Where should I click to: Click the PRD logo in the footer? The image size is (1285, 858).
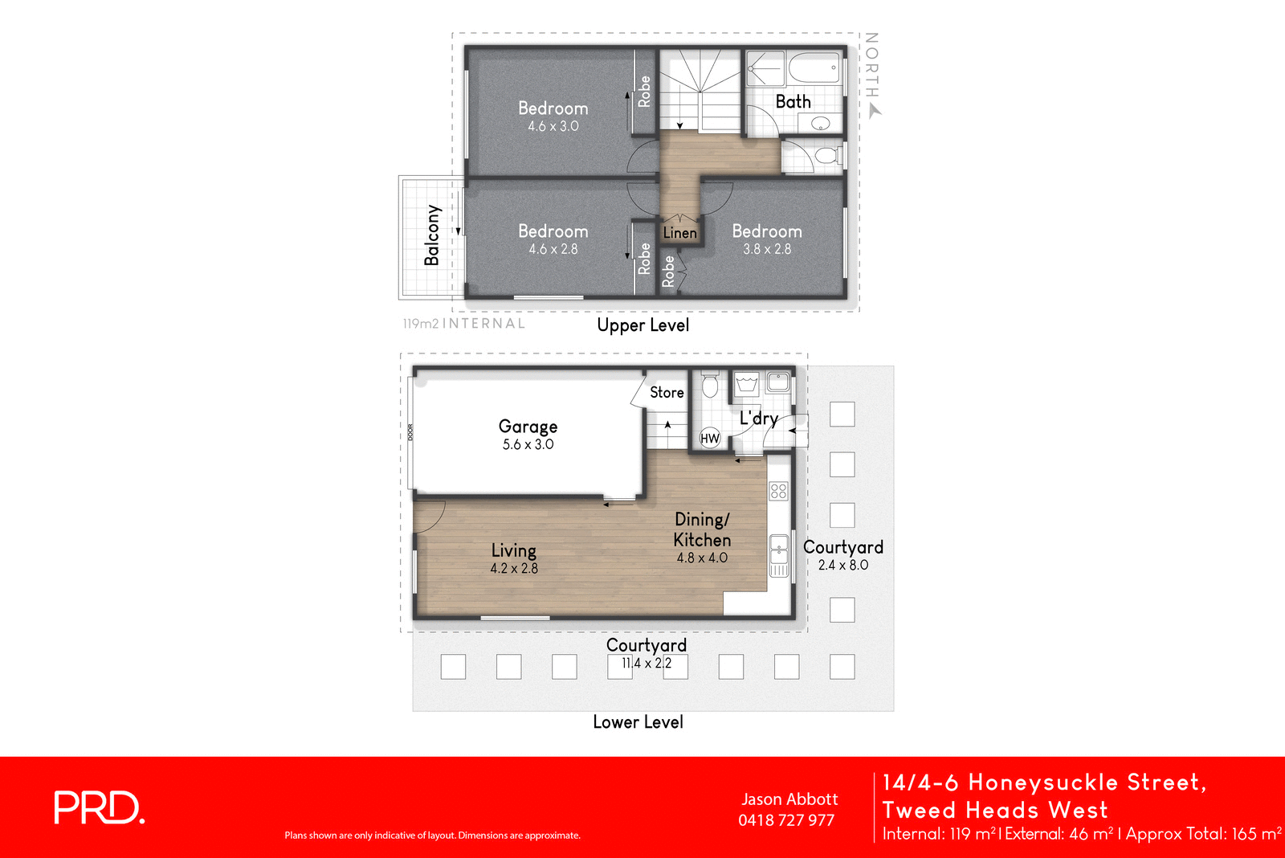(99, 807)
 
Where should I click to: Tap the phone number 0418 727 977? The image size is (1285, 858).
(785, 820)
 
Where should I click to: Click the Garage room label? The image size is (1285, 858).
(528, 427)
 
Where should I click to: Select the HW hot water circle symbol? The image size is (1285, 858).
(710, 438)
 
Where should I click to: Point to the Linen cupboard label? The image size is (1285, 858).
(679, 233)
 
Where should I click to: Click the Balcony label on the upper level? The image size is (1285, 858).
(432, 235)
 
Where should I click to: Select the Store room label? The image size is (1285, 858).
(667, 392)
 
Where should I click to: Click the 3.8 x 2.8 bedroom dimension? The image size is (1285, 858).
(767, 249)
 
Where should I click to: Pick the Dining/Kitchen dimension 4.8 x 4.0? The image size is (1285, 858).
(702, 558)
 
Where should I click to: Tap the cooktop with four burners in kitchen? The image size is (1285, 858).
(778, 490)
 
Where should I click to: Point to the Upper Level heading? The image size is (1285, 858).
(642, 325)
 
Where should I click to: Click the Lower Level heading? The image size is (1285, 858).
(638, 721)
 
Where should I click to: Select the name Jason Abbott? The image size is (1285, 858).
(789, 799)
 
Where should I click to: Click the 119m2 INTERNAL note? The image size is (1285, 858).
(464, 323)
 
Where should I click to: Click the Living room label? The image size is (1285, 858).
(513, 550)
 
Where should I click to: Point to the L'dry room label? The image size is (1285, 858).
(758, 418)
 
